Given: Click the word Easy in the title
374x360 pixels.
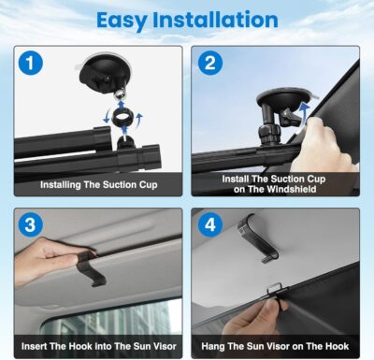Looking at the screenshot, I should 127,20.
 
